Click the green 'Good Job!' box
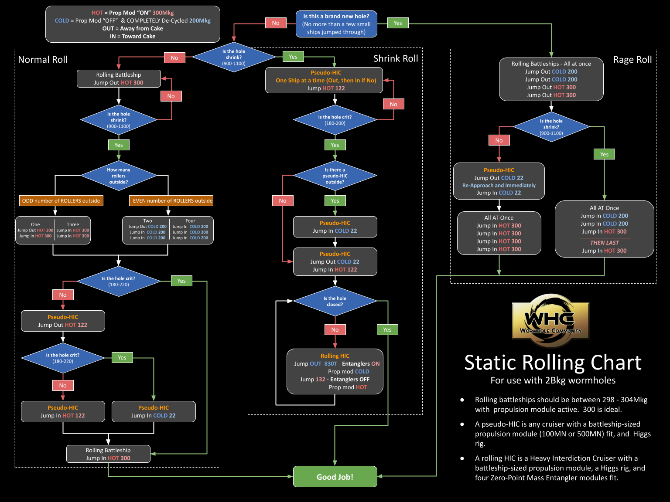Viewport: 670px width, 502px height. tap(335, 476)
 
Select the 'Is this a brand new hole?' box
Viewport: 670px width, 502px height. tap(336, 24)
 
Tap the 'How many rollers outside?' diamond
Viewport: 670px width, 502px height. tap(119, 176)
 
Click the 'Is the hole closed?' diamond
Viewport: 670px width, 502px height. tap(335, 301)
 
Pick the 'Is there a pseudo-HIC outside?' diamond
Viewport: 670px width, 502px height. tap(335, 176)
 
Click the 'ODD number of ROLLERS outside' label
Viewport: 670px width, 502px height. tap(61, 200)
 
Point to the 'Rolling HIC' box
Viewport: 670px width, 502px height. tap(335, 371)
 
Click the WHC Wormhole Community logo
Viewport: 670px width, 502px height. tap(550, 320)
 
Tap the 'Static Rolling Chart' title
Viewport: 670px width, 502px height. tap(553, 363)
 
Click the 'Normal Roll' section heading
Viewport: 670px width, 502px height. tap(43, 60)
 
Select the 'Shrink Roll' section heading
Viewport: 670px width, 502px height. tap(395, 59)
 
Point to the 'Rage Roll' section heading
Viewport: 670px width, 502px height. tap(632, 60)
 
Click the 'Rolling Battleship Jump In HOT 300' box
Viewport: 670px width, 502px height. tap(108, 454)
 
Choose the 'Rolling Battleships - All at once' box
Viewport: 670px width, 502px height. tap(551, 79)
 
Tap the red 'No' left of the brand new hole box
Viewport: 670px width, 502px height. tap(276, 23)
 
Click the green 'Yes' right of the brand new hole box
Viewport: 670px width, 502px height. tap(398, 23)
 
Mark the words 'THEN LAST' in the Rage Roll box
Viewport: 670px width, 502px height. tap(604, 243)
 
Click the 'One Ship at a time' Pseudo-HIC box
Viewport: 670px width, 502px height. tap(324, 80)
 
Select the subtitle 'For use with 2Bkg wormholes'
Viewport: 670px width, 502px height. tap(553, 380)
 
